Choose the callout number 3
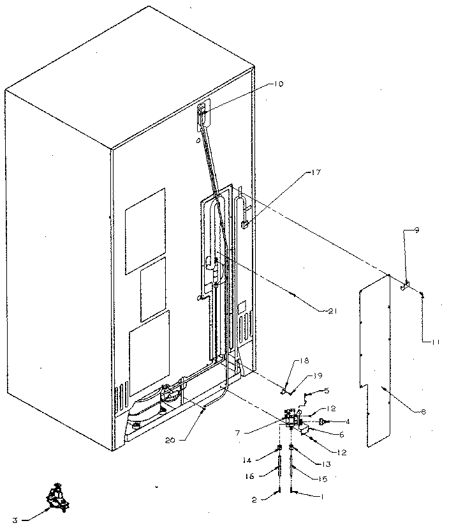coord(15,521)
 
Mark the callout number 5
coord(326,391)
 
